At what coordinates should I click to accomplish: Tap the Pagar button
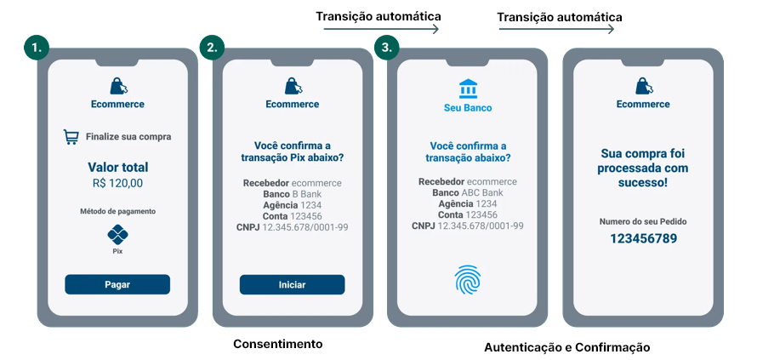coord(117,284)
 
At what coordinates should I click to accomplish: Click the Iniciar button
coord(292,284)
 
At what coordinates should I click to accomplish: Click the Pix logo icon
coord(117,235)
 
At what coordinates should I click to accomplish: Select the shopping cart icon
coord(71,136)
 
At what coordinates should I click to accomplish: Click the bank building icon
coord(468,88)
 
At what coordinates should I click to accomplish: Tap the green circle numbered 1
coord(36,48)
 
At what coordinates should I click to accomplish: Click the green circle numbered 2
coord(212,48)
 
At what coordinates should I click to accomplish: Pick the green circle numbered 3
coord(386,48)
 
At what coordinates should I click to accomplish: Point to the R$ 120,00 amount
coord(117,183)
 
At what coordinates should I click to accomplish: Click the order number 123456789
coord(643,238)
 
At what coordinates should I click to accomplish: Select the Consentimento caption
coord(278,344)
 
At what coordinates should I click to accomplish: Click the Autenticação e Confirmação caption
coord(566,347)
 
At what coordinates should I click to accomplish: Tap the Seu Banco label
coord(468,108)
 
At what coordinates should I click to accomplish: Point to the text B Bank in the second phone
coord(307,194)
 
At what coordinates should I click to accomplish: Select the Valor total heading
coord(117,167)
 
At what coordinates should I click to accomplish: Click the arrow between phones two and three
coord(381,29)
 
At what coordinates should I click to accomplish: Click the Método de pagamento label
coord(117,211)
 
